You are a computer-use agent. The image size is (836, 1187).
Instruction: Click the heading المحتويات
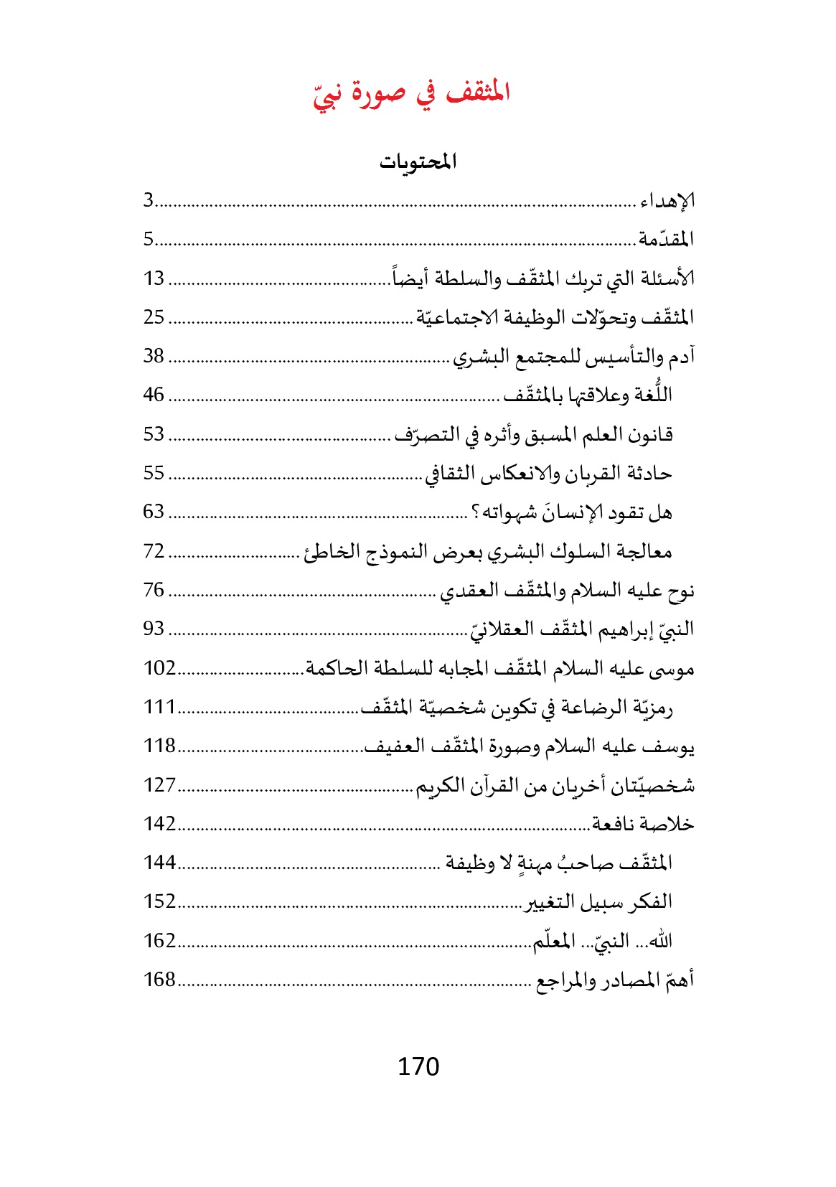point(418,162)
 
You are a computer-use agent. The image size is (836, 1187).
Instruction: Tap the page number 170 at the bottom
point(418,1066)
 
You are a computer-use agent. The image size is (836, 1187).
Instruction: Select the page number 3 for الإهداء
point(149,200)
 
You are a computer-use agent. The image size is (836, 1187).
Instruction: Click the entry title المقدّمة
point(666,239)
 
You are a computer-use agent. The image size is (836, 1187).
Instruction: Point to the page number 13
point(154,278)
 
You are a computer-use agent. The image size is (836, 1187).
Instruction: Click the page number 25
point(154,316)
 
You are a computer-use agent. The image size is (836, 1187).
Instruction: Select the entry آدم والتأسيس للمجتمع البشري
point(573,356)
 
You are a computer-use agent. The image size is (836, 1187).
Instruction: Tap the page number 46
point(154,395)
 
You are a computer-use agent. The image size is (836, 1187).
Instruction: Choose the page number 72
point(154,550)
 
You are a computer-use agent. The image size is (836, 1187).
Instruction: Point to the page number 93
point(154,629)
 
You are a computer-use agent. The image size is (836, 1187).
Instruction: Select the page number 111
point(159,707)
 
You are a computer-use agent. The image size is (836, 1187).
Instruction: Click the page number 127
point(159,784)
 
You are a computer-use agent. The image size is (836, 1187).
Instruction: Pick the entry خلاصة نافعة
point(643,824)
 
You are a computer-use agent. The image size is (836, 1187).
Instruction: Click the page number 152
point(159,901)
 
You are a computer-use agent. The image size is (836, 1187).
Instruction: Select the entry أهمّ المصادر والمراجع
point(615,980)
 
